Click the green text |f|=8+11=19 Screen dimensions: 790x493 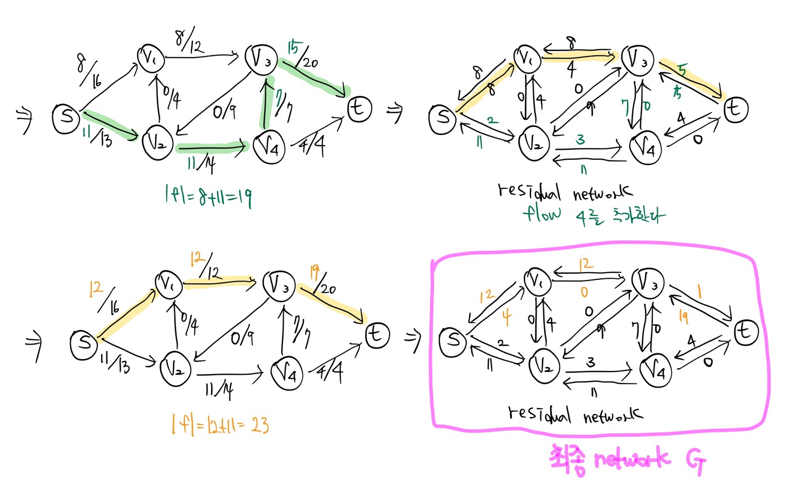[x=208, y=196]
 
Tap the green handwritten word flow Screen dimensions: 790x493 [x=542, y=213]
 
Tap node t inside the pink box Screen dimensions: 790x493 [x=746, y=332]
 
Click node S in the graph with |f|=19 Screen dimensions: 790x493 [x=66, y=117]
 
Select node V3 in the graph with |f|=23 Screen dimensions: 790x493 [x=279, y=284]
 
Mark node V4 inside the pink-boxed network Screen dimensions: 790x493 [x=657, y=370]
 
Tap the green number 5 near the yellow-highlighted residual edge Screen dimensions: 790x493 [x=682, y=71]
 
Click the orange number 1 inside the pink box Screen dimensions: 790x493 [x=699, y=291]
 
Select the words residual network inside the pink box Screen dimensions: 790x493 [x=575, y=414]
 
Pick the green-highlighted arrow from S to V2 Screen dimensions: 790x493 [x=110, y=125]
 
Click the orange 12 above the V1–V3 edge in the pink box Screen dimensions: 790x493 [x=585, y=264]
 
